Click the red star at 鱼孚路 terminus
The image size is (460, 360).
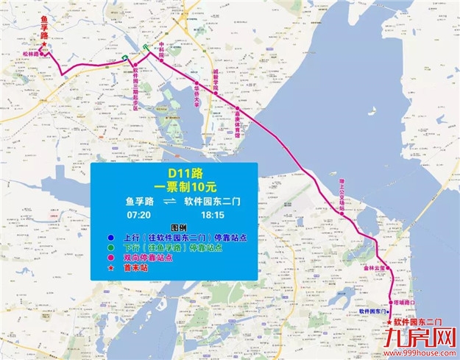(x=43, y=46)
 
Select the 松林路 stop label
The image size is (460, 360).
(x=30, y=54)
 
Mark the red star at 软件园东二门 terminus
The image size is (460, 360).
(x=389, y=322)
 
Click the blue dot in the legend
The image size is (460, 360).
(x=109, y=238)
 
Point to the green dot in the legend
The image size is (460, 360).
(x=109, y=248)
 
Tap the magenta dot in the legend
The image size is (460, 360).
(x=109, y=258)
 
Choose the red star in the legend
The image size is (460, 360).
(x=109, y=269)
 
